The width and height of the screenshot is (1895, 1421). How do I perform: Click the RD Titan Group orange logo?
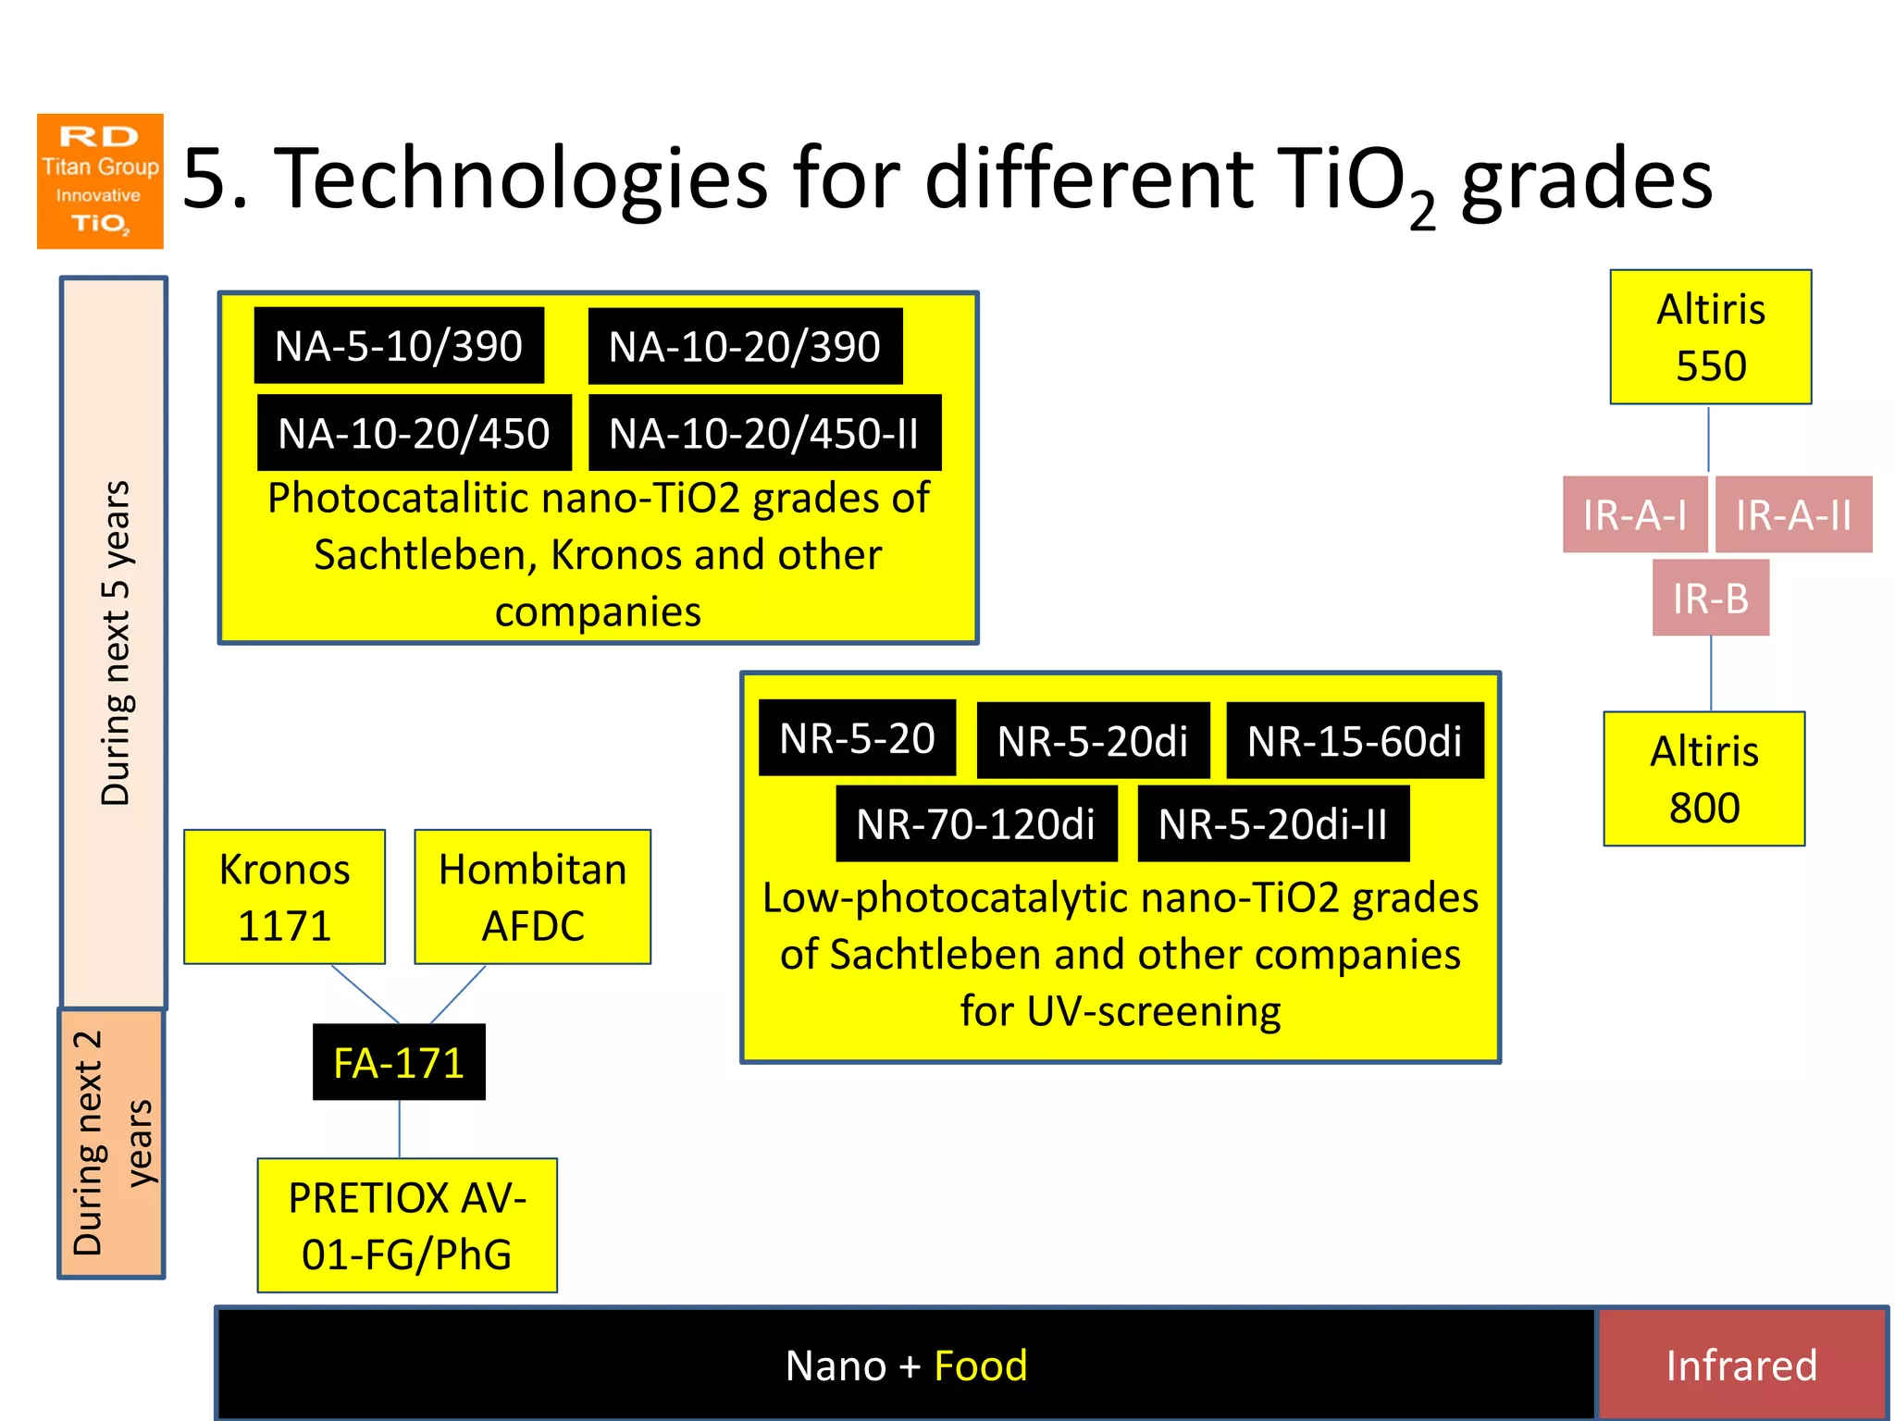(100, 181)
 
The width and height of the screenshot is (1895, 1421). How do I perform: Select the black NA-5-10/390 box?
(399, 346)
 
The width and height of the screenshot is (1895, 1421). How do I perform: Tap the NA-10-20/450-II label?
(764, 433)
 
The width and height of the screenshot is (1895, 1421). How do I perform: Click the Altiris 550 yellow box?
(1710, 337)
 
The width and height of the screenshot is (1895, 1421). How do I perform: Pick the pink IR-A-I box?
(1634, 514)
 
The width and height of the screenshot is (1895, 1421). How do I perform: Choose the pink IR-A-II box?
(1793, 514)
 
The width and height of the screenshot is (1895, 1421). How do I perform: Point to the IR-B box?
(1710, 598)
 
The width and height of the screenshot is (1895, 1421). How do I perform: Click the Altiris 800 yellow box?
(1703, 779)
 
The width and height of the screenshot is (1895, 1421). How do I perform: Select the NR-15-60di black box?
(1354, 740)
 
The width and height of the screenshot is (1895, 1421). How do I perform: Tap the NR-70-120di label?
(975, 823)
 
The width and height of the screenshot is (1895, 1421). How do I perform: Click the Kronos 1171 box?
(284, 896)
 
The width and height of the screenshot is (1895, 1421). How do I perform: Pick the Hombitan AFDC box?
(532, 896)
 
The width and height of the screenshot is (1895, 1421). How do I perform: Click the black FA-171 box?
(399, 1062)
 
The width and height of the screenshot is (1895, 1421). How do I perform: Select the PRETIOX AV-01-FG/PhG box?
(407, 1225)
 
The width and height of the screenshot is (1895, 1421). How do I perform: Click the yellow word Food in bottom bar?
(980, 1365)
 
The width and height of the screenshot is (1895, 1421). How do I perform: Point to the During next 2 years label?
(111, 1143)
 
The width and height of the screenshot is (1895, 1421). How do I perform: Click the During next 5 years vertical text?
(116, 643)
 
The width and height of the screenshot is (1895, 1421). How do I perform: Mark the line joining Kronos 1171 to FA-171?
(365, 995)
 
